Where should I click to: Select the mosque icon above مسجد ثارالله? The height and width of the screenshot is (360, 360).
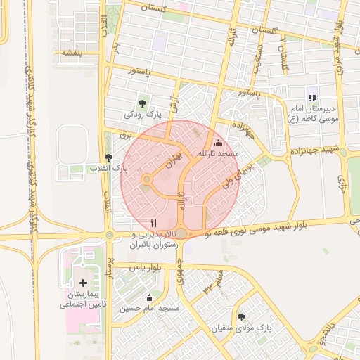[217, 143]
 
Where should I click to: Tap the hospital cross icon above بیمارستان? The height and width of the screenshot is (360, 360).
[84, 282]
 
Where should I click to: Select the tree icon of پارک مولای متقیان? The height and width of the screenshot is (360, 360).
[242, 317]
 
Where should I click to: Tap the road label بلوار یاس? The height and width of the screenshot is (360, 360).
[147, 268]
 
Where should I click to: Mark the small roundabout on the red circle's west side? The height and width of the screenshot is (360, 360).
[146, 181]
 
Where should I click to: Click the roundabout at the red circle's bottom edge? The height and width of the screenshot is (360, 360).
[181, 233]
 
